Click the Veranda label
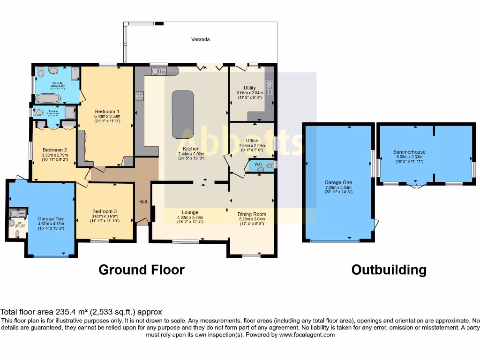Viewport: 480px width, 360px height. tap(200, 39)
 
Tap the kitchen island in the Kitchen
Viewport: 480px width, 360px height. tap(183, 114)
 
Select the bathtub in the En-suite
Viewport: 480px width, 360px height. tap(48, 98)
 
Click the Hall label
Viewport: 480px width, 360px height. tap(142, 202)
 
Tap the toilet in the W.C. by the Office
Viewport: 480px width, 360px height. tap(269, 165)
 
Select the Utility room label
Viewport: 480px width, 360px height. tap(249, 88)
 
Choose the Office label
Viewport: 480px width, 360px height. tap(252, 140)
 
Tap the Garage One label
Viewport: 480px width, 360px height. tap(338, 182)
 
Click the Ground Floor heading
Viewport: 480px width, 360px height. tap(141, 270)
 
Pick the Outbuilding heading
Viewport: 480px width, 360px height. tap(389, 270)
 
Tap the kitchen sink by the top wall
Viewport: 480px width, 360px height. tap(159, 71)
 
